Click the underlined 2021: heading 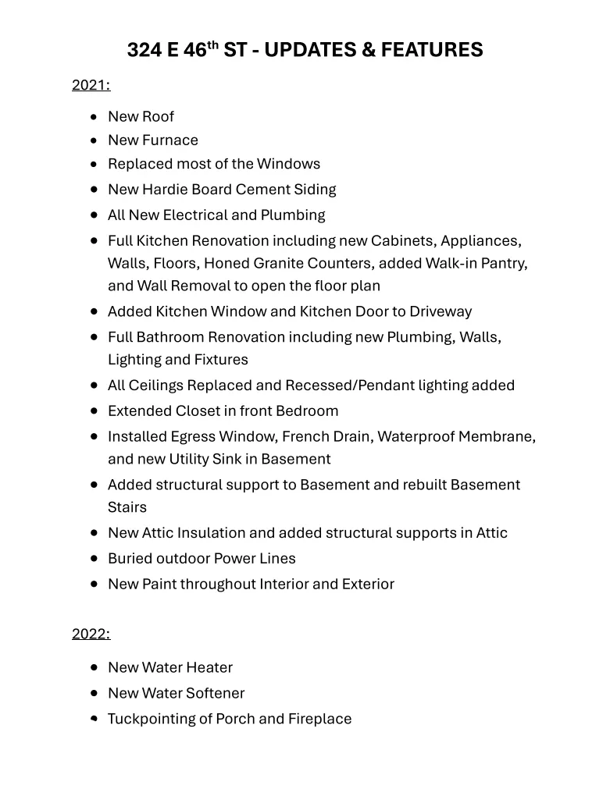pos(91,85)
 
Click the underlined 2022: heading pos(91,634)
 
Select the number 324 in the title pos(144,51)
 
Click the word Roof pos(158,117)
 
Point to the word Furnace pos(170,140)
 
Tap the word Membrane pos(494,437)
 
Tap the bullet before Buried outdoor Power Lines pos(94,559)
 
